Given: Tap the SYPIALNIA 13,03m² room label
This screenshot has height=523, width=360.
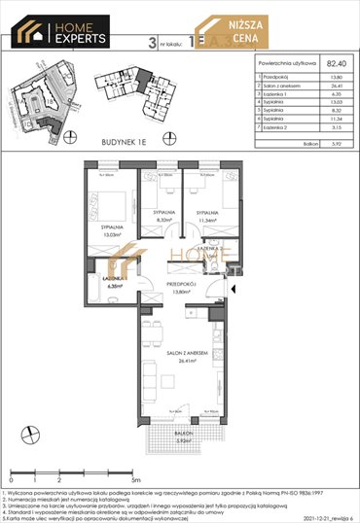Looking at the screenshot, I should (104, 230).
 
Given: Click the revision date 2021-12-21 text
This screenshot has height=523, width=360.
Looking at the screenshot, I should (305, 516).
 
